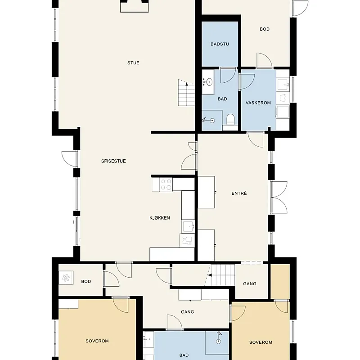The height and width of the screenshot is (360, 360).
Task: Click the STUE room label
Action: click(133, 63)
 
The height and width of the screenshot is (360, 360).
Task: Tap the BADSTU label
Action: click(220, 44)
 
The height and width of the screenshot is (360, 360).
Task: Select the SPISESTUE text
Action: click(113, 161)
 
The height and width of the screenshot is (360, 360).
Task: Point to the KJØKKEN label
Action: click(160, 218)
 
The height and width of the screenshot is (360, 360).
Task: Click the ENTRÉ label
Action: click(239, 193)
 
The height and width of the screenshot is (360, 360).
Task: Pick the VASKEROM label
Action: click(258, 103)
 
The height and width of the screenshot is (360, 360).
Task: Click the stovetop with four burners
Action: click(166, 184)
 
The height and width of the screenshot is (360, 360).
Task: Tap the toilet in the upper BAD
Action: click(231, 120)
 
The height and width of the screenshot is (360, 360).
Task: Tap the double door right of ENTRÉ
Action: click(279, 197)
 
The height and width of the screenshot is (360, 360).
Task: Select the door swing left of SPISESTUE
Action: click(69, 159)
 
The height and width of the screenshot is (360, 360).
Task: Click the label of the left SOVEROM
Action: click(97, 341)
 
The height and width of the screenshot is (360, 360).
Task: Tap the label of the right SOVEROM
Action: click(261, 342)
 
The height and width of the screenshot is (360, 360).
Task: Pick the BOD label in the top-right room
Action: click(265, 29)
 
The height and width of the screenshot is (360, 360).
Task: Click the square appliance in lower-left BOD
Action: click(66, 279)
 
